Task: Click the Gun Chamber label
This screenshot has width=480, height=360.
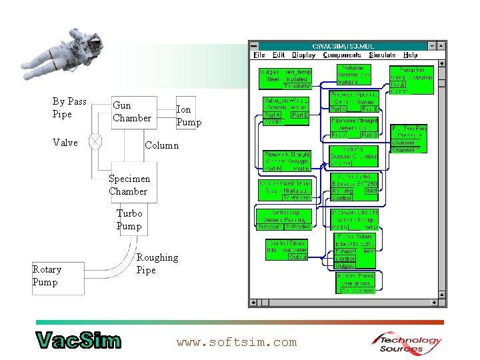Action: [x=131, y=111]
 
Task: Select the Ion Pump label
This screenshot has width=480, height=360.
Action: [x=188, y=115]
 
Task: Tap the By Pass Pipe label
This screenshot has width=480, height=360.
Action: [x=69, y=107]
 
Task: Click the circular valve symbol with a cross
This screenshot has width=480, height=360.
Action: [x=96, y=142]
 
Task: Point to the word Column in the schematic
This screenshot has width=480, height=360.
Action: [x=161, y=145]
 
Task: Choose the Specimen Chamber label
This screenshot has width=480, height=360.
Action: [x=129, y=185]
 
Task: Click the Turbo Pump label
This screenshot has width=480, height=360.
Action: [x=129, y=219]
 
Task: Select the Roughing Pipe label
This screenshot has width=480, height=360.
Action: [x=157, y=263]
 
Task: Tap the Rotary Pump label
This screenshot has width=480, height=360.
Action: [x=46, y=275]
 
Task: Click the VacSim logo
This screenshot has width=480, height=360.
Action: [x=78, y=340]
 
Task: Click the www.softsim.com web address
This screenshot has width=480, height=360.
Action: [x=236, y=342]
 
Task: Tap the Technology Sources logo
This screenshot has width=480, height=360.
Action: [x=406, y=342]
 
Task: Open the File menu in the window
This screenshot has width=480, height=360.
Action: [x=259, y=55]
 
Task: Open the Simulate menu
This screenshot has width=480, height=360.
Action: [x=382, y=55]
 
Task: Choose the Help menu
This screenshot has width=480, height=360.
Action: [x=411, y=55]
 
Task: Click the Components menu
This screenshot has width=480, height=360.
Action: [x=342, y=55]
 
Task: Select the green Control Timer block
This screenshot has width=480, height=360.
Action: [x=287, y=250]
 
